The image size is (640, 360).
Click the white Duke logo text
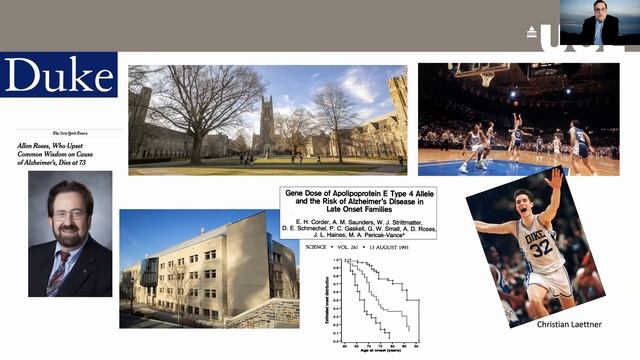point(59,75)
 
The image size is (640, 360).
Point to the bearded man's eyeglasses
point(68,214)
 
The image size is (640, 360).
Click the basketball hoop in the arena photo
point(485,75)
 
